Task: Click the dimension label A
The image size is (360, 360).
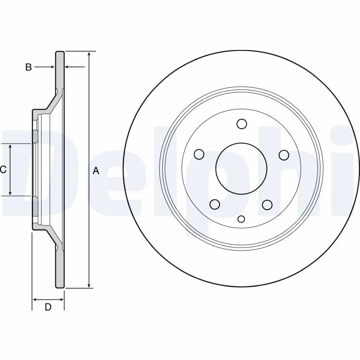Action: point(95,171)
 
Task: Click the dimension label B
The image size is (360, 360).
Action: point(28,67)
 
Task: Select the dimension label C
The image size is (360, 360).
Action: point(3,170)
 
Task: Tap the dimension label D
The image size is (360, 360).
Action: point(48,307)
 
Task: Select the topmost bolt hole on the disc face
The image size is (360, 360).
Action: point(241,124)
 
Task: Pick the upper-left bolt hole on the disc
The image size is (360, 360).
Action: point(199,155)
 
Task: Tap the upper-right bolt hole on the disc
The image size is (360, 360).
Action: point(283,155)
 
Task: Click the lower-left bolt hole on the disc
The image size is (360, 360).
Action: point(215,205)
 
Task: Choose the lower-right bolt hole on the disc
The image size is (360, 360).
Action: point(267,205)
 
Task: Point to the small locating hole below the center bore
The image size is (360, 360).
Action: point(241,219)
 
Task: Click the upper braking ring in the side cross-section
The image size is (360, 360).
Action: point(60,70)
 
